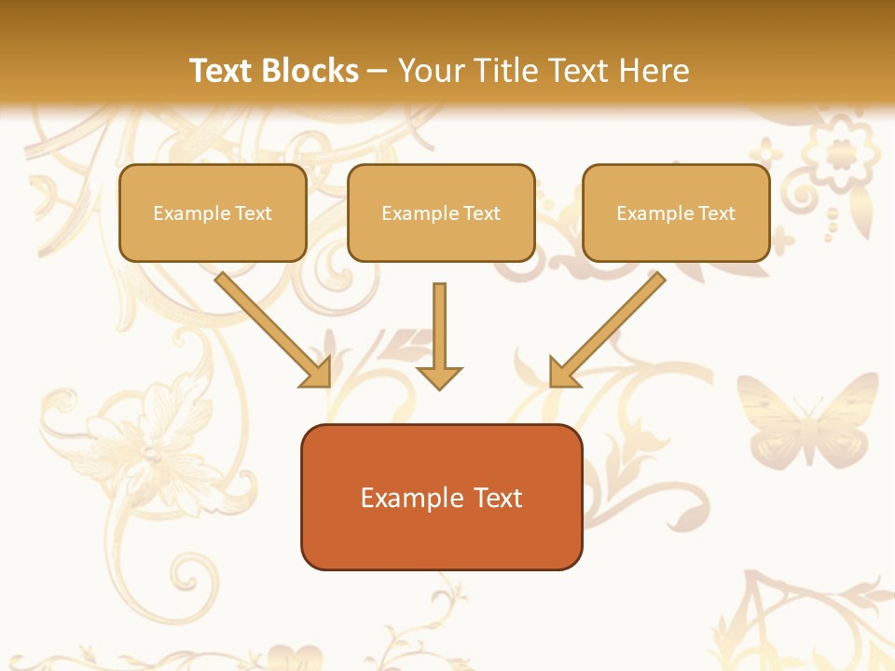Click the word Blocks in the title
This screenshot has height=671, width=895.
click(311, 71)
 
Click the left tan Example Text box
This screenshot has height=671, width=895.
click(213, 212)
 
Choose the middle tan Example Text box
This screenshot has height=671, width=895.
click(441, 212)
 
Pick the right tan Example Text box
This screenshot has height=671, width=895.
click(676, 212)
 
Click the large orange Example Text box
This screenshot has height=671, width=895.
click(441, 497)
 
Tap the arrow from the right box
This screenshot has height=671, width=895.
click(611, 325)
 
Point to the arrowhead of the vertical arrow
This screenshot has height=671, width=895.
click(439, 377)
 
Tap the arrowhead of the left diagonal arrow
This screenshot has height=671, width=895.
click(316, 372)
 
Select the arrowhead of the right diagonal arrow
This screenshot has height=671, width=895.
click(563, 372)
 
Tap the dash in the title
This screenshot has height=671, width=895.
click(378, 72)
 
